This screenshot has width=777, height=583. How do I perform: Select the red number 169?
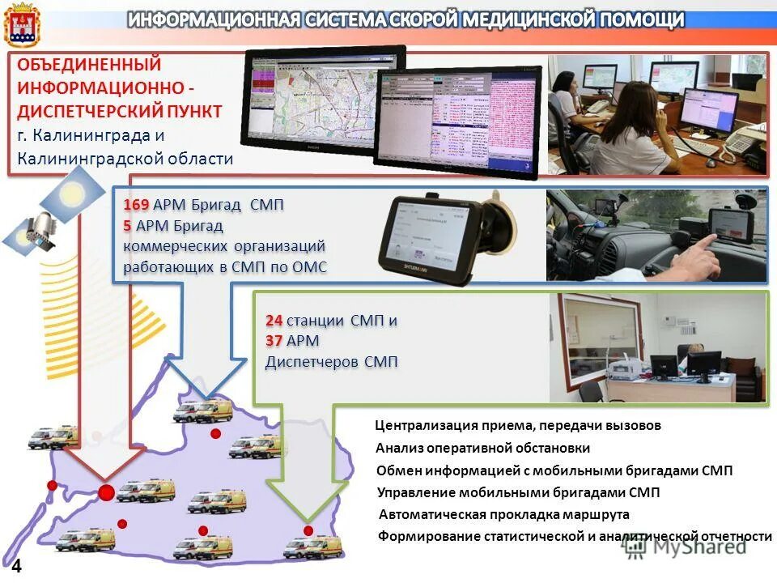(x=136, y=204)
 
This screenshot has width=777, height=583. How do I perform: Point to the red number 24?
(x=274, y=321)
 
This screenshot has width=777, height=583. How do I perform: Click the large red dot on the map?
(x=106, y=492)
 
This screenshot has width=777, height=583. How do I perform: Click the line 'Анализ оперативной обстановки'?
(x=482, y=448)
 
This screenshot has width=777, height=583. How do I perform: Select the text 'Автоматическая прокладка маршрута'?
(x=503, y=514)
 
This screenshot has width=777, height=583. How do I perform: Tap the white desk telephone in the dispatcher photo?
(x=738, y=142)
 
